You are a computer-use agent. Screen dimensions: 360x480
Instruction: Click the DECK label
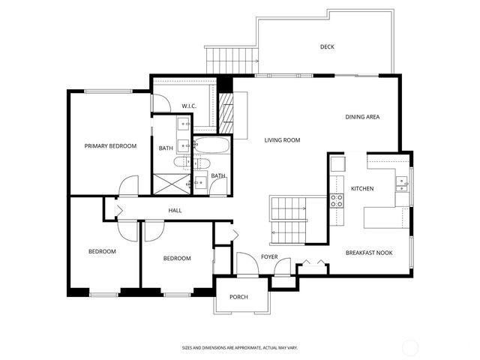coord(327,47)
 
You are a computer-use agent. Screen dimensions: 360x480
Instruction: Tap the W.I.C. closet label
coord(188,106)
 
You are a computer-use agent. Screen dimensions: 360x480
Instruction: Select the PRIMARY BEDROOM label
coord(110,146)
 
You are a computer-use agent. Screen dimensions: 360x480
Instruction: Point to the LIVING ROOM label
coord(282,140)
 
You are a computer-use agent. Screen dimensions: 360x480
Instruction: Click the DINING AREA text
coord(362,117)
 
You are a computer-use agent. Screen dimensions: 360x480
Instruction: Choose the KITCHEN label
coord(362,189)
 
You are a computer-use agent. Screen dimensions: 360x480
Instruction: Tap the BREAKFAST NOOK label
coord(369,253)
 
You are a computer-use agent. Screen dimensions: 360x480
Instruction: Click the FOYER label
coord(269,257)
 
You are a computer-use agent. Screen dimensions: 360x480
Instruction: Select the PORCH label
coord(238,297)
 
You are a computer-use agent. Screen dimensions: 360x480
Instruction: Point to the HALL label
coord(175,211)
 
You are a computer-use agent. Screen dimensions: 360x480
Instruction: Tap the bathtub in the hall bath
coord(211,145)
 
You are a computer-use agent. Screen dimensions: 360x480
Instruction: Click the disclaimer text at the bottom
coord(239,347)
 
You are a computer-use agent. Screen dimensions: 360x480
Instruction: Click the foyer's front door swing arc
coord(247,262)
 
